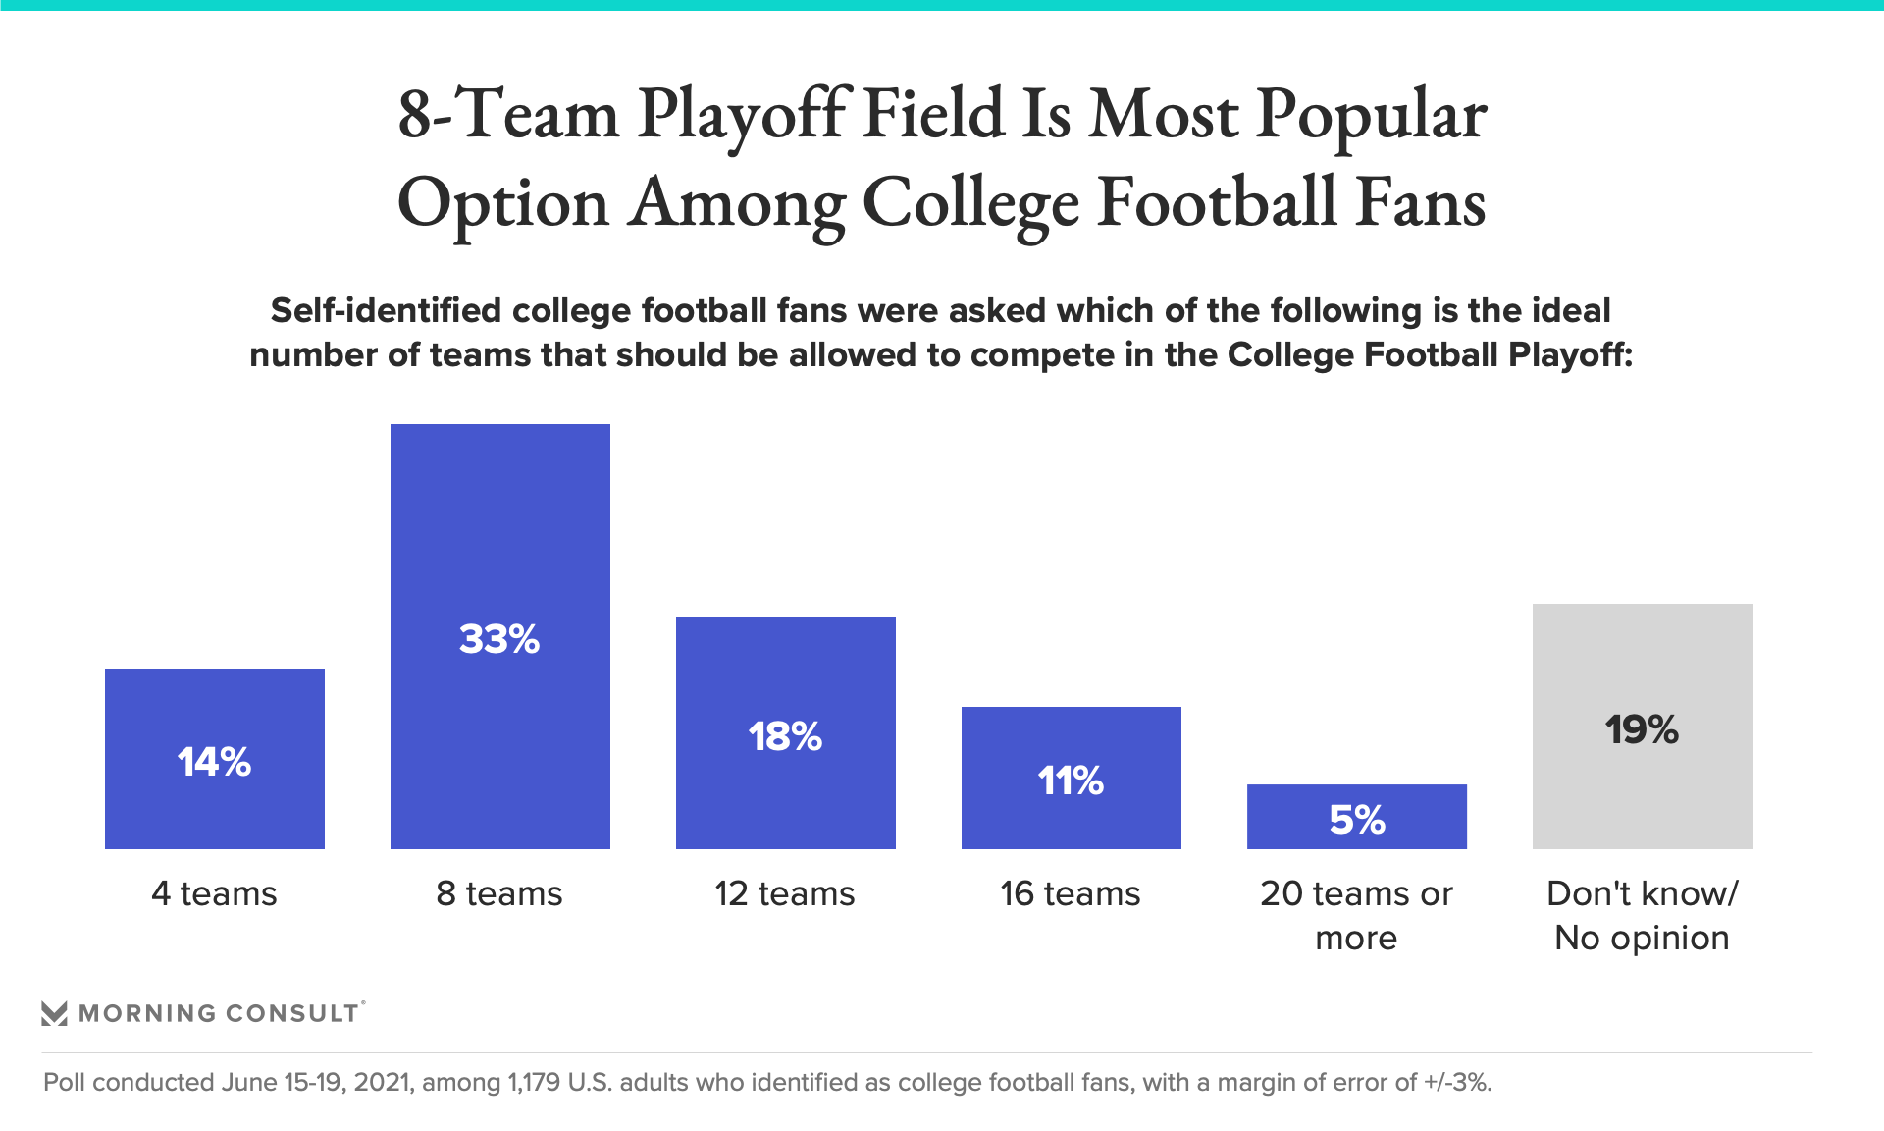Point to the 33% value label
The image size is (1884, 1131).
click(x=499, y=639)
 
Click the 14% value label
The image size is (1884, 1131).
click(x=214, y=762)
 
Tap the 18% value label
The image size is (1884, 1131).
click(x=785, y=736)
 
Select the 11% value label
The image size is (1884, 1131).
click(x=1071, y=781)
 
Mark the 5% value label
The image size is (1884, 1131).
click(x=1356, y=820)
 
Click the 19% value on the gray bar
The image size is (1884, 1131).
click(x=1642, y=729)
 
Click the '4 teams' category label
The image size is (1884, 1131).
click(x=214, y=893)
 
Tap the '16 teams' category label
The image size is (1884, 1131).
click(x=1071, y=893)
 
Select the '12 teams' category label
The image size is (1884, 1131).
click(x=785, y=893)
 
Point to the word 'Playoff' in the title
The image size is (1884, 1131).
click(x=742, y=116)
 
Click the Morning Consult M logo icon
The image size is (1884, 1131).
click(x=55, y=1013)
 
